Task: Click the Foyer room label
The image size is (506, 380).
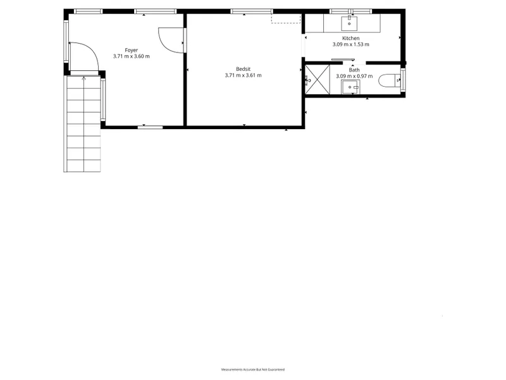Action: click(x=132, y=50)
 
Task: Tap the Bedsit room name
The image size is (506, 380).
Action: click(x=243, y=69)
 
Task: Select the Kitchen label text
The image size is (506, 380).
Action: click(x=351, y=38)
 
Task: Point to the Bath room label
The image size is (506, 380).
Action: click(x=354, y=70)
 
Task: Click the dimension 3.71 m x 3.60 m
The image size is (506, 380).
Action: click(x=132, y=56)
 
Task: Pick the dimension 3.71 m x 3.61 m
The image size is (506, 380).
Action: click(x=243, y=75)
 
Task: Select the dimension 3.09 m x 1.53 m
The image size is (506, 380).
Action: click(x=351, y=44)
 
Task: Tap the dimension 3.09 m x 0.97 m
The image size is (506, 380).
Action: click(x=354, y=76)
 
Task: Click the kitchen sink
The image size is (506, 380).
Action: click(x=349, y=23)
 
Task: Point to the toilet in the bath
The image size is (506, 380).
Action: click(x=390, y=80)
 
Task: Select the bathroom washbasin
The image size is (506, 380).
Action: click(x=350, y=87)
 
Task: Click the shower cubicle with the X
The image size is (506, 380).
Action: click(x=318, y=80)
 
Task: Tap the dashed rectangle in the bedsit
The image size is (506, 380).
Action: click(x=286, y=18)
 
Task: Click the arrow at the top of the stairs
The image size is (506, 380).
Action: click(x=84, y=78)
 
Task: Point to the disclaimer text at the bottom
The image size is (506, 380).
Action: click(x=252, y=369)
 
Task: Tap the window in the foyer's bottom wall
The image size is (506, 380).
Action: click(x=150, y=127)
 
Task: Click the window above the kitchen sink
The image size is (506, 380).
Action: click(x=351, y=11)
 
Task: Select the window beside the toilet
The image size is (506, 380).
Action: click(x=403, y=80)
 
